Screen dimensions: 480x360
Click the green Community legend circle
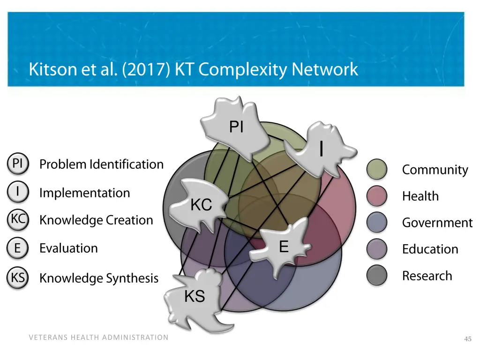[x=377, y=170]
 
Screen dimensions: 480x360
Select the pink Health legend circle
[x=377, y=196]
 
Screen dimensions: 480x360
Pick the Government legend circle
[x=377, y=223]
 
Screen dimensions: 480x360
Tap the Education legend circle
[x=377, y=249]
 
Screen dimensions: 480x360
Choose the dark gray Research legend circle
[x=377, y=276]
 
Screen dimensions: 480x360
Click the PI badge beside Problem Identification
[x=18, y=164]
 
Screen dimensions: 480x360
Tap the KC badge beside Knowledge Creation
[x=18, y=220]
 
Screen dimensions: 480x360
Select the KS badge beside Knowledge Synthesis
[x=18, y=278]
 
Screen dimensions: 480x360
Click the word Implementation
[x=84, y=193]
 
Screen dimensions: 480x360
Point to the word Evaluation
[x=68, y=248]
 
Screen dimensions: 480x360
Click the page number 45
[x=467, y=339]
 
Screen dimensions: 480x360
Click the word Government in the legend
[x=437, y=223]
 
